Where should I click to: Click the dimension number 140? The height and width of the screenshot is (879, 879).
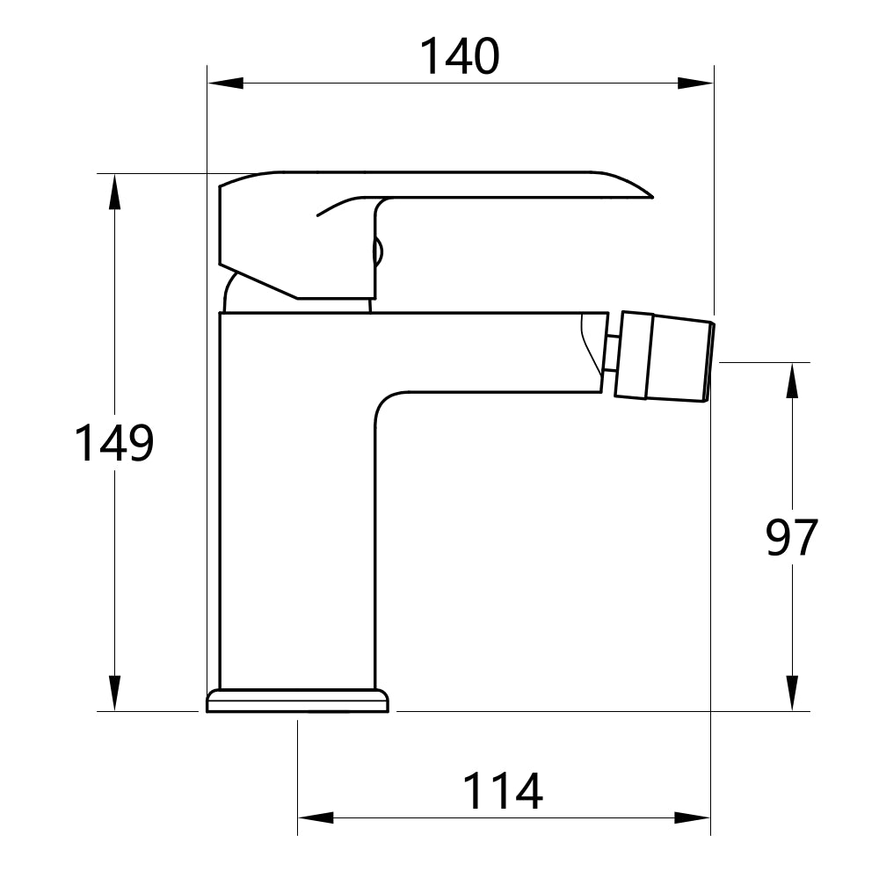(x=459, y=56)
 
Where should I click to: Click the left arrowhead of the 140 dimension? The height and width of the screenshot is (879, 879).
(x=225, y=84)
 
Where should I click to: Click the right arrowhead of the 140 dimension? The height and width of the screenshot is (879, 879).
(x=694, y=84)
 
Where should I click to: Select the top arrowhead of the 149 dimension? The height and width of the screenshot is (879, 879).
(x=113, y=193)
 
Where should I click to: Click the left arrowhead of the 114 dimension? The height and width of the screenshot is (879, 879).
(x=316, y=818)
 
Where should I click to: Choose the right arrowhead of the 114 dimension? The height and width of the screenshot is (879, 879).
(x=692, y=818)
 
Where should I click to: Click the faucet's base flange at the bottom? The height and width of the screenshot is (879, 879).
(x=297, y=701)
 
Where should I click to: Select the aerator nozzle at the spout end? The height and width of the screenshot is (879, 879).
(x=664, y=357)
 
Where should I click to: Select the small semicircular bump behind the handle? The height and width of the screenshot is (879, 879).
(x=380, y=252)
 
